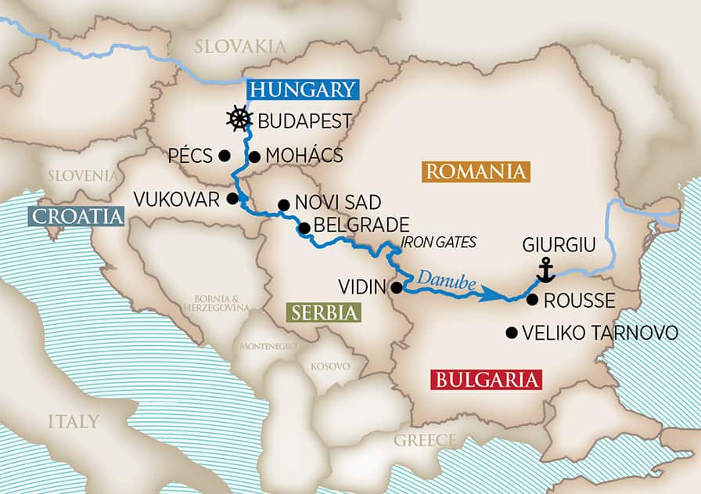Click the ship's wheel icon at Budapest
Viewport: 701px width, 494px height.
[x=239, y=120]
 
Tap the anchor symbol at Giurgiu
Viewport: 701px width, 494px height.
[x=545, y=270]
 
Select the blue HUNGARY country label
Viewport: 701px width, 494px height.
[x=302, y=89]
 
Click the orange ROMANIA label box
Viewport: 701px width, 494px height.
[x=475, y=172]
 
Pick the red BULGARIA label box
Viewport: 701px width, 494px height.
[x=486, y=380]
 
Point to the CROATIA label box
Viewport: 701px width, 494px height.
[x=75, y=216]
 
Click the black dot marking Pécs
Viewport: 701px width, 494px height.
[x=225, y=155]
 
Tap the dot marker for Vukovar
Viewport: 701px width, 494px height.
[x=232, y=198]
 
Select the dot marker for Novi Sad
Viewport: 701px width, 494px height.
[x=283, y=205]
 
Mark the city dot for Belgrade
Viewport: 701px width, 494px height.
[x=304, y=229]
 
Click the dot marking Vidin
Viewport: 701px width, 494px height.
[x=397, y=287]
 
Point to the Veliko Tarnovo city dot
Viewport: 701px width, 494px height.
[x=512, y=333]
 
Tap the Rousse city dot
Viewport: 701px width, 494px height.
[x=532, y=299]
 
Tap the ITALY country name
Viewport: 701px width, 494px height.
[x=73, y=422]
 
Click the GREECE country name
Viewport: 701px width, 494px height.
[x=423, y=440]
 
